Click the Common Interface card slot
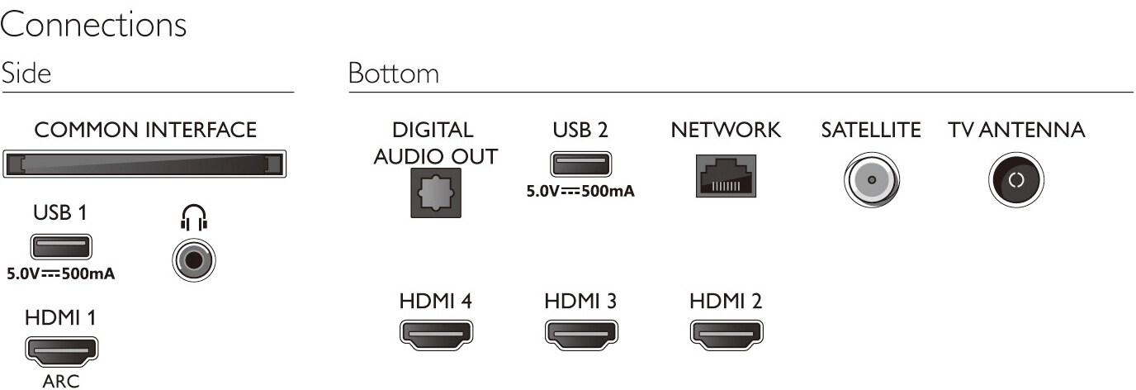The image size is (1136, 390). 144,164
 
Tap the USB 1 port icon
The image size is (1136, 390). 61,247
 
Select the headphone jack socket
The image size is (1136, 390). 194,260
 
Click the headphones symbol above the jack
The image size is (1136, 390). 194,217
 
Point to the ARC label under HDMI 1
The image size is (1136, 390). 61,382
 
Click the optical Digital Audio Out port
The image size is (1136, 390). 436,193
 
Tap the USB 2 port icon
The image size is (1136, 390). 580,164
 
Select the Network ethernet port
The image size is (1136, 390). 726,176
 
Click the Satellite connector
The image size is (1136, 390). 871,180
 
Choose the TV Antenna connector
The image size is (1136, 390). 1016,180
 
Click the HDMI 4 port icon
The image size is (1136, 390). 436,335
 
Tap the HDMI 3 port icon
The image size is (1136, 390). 581,335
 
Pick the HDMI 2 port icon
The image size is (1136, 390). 727,335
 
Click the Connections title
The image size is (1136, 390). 93,25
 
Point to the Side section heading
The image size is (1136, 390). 26,73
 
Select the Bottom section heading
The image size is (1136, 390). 394,73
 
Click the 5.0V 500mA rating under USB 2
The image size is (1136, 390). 580,192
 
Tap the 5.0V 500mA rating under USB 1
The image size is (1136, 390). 61,274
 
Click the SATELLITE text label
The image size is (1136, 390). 871,130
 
